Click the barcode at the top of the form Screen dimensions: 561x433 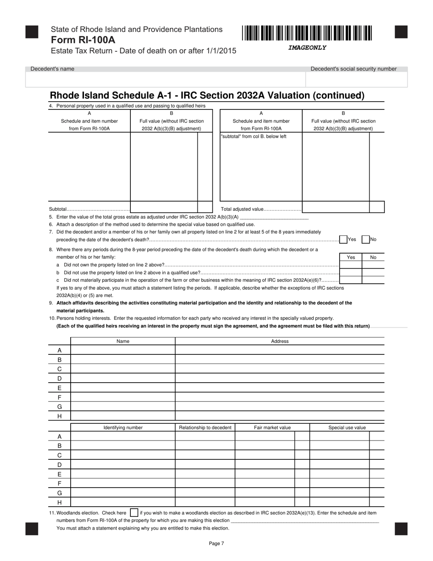pos(307,34)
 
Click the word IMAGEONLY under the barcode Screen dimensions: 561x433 pos(307,47)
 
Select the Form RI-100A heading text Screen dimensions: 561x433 pos(83,40)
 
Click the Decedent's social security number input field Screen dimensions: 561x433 pos(356,80)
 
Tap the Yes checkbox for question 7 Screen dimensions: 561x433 pos(344,239)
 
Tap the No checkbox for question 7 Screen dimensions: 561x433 pos(365,239)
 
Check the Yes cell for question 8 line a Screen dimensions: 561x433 pos(351,265)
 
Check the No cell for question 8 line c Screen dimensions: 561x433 pos(373,280)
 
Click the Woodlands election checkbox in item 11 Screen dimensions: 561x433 pos(134,513)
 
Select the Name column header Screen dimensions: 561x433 pos(123,341)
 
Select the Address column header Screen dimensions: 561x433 pos(280,341)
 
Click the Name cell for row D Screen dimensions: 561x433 pos(123,379)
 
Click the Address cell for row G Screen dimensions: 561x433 pos(280,406)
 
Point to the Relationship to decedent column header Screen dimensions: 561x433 pos(205,427)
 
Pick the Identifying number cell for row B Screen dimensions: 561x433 pos(123,446)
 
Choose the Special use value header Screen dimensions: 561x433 pos(347,427)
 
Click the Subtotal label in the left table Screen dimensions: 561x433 pos(57,209)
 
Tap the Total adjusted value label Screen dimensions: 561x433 pos(242,209)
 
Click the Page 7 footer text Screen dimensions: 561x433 pos(216,543)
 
